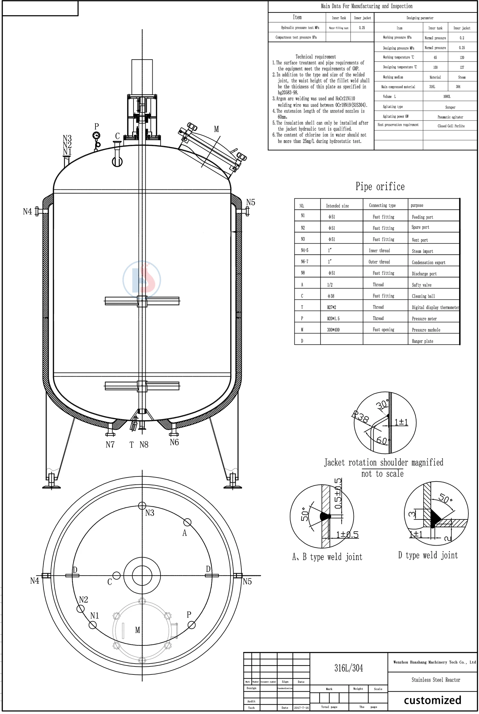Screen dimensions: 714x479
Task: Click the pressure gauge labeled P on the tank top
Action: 96,136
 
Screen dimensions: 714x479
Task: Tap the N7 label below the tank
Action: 110,445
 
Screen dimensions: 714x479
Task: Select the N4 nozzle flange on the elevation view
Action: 37,211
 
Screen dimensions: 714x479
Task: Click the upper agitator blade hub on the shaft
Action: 142,300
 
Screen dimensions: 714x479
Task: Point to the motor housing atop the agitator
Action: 142,77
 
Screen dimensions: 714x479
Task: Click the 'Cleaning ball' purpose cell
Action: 423,296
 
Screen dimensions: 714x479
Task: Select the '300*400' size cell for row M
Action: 333,330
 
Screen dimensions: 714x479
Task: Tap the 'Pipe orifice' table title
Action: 380,187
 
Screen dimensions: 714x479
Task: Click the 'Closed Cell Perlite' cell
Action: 451,126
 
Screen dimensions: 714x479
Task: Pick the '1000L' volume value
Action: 447,96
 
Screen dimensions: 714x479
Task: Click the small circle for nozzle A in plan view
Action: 187,522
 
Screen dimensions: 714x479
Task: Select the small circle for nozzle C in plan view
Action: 117,576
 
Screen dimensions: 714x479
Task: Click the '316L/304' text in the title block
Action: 349,668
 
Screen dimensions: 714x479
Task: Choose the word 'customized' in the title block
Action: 432,700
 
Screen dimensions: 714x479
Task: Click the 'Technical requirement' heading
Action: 316,57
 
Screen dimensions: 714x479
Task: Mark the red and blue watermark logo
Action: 142,280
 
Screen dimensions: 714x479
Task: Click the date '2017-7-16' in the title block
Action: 301,708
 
